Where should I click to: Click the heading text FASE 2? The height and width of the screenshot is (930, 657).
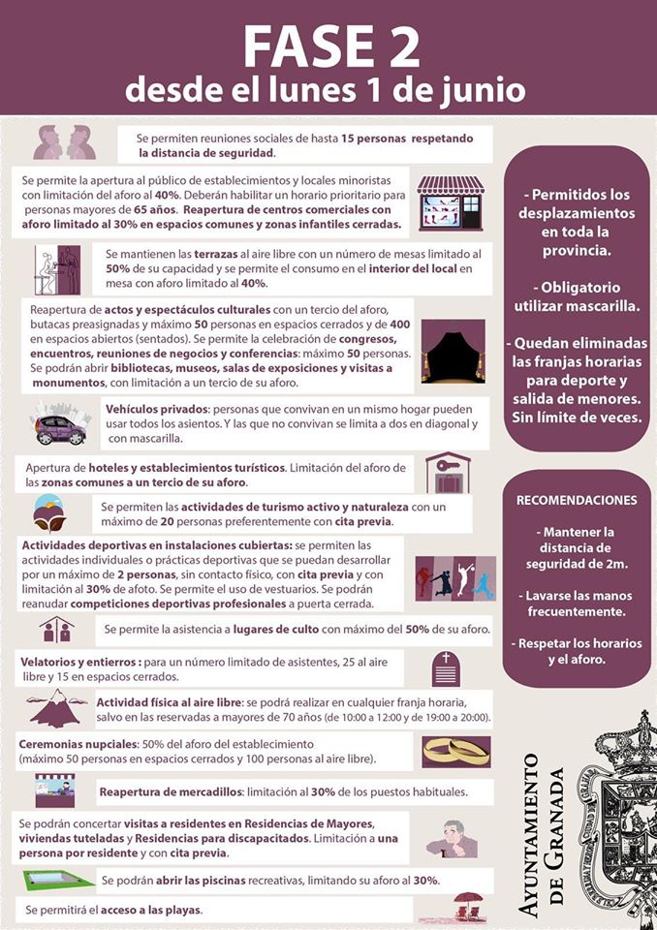point(330,46)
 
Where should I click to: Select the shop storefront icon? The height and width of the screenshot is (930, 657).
point(451,202)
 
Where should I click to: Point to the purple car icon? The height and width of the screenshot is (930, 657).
point(60,425)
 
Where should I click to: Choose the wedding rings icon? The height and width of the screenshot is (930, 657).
point(455,750)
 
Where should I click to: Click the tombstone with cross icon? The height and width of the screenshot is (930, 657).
point(447,668)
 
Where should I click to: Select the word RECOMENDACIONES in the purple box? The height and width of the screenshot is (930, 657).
point(577,501)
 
